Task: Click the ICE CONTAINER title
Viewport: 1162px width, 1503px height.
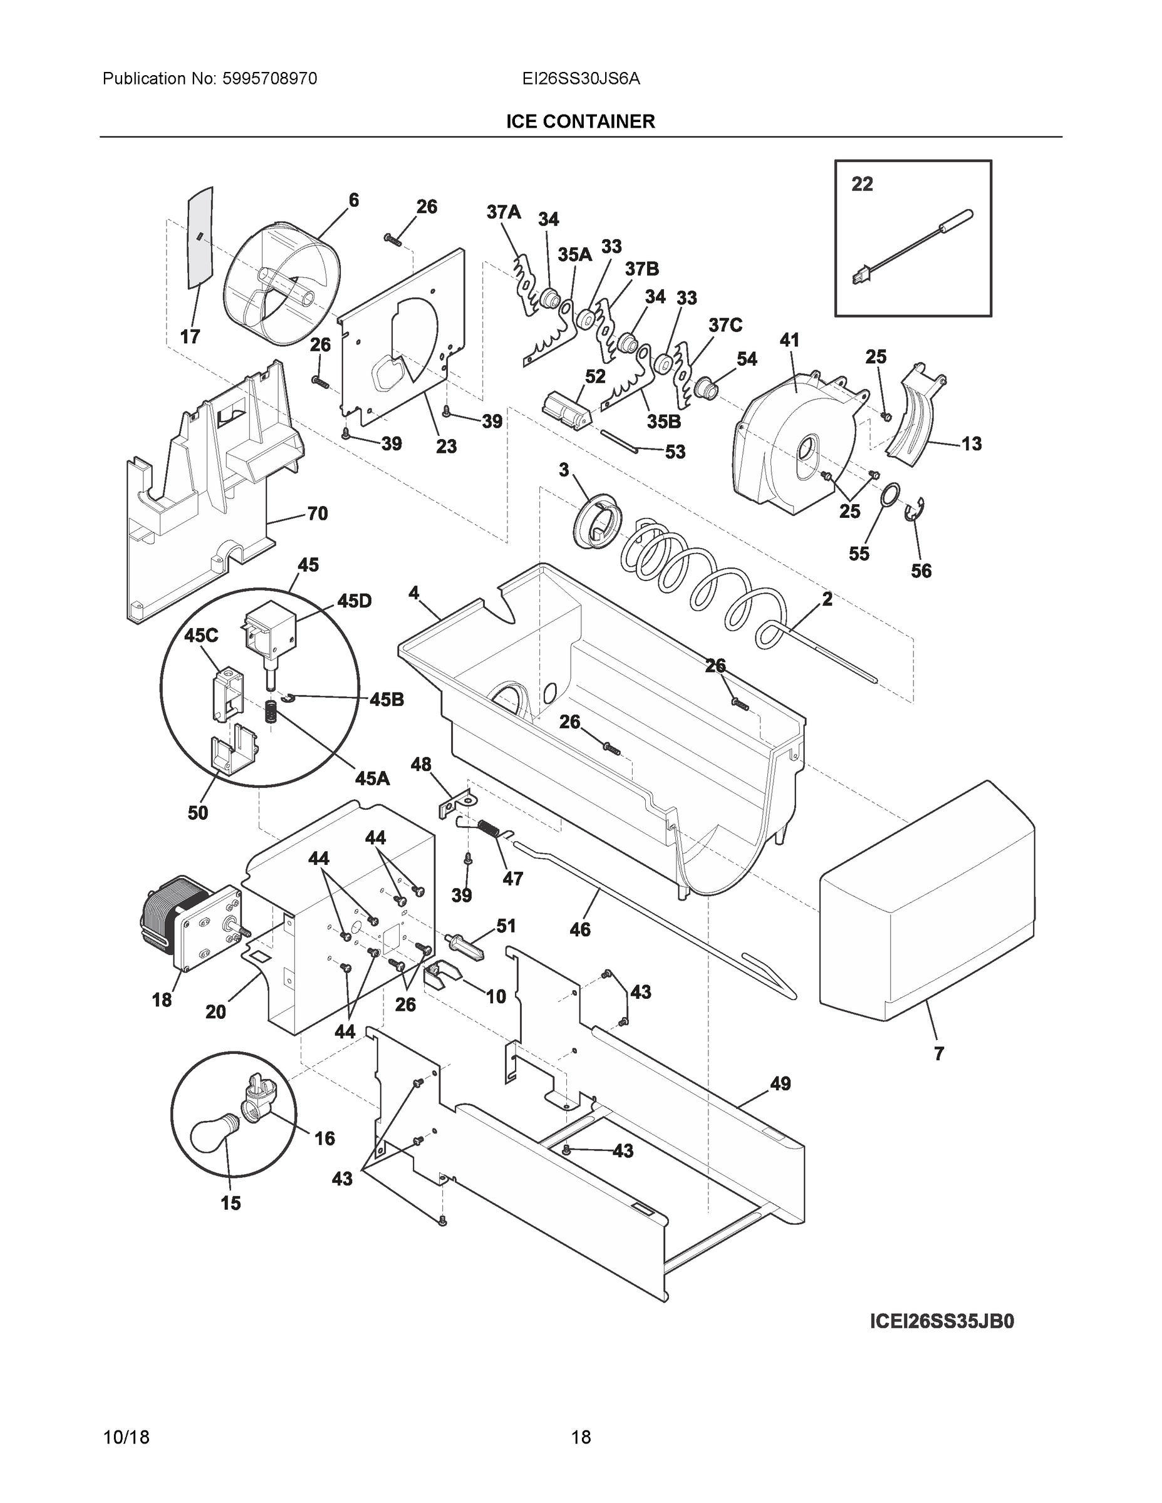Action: (x=580, y=122)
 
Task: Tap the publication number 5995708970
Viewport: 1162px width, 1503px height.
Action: (x=270, y=79)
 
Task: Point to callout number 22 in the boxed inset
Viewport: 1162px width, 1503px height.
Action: (x=862, y=185)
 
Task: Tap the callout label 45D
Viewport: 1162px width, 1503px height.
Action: (x=354, y=601)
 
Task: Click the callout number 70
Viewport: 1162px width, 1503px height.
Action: (x=317, y=514)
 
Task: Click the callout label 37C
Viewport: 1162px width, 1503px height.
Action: (x=725, y=326)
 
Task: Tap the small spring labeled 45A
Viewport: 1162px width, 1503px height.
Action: (x=272, y=711)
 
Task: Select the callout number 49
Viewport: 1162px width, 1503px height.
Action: (x=780, y=1084)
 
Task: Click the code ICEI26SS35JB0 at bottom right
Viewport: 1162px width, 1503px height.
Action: (x=942, y=1322)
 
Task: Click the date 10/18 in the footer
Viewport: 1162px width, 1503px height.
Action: (x=126, y=1438)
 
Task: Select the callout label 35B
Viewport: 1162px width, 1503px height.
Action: (x=663, y=421)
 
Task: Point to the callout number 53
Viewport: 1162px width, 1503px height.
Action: (x=675, y=452)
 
